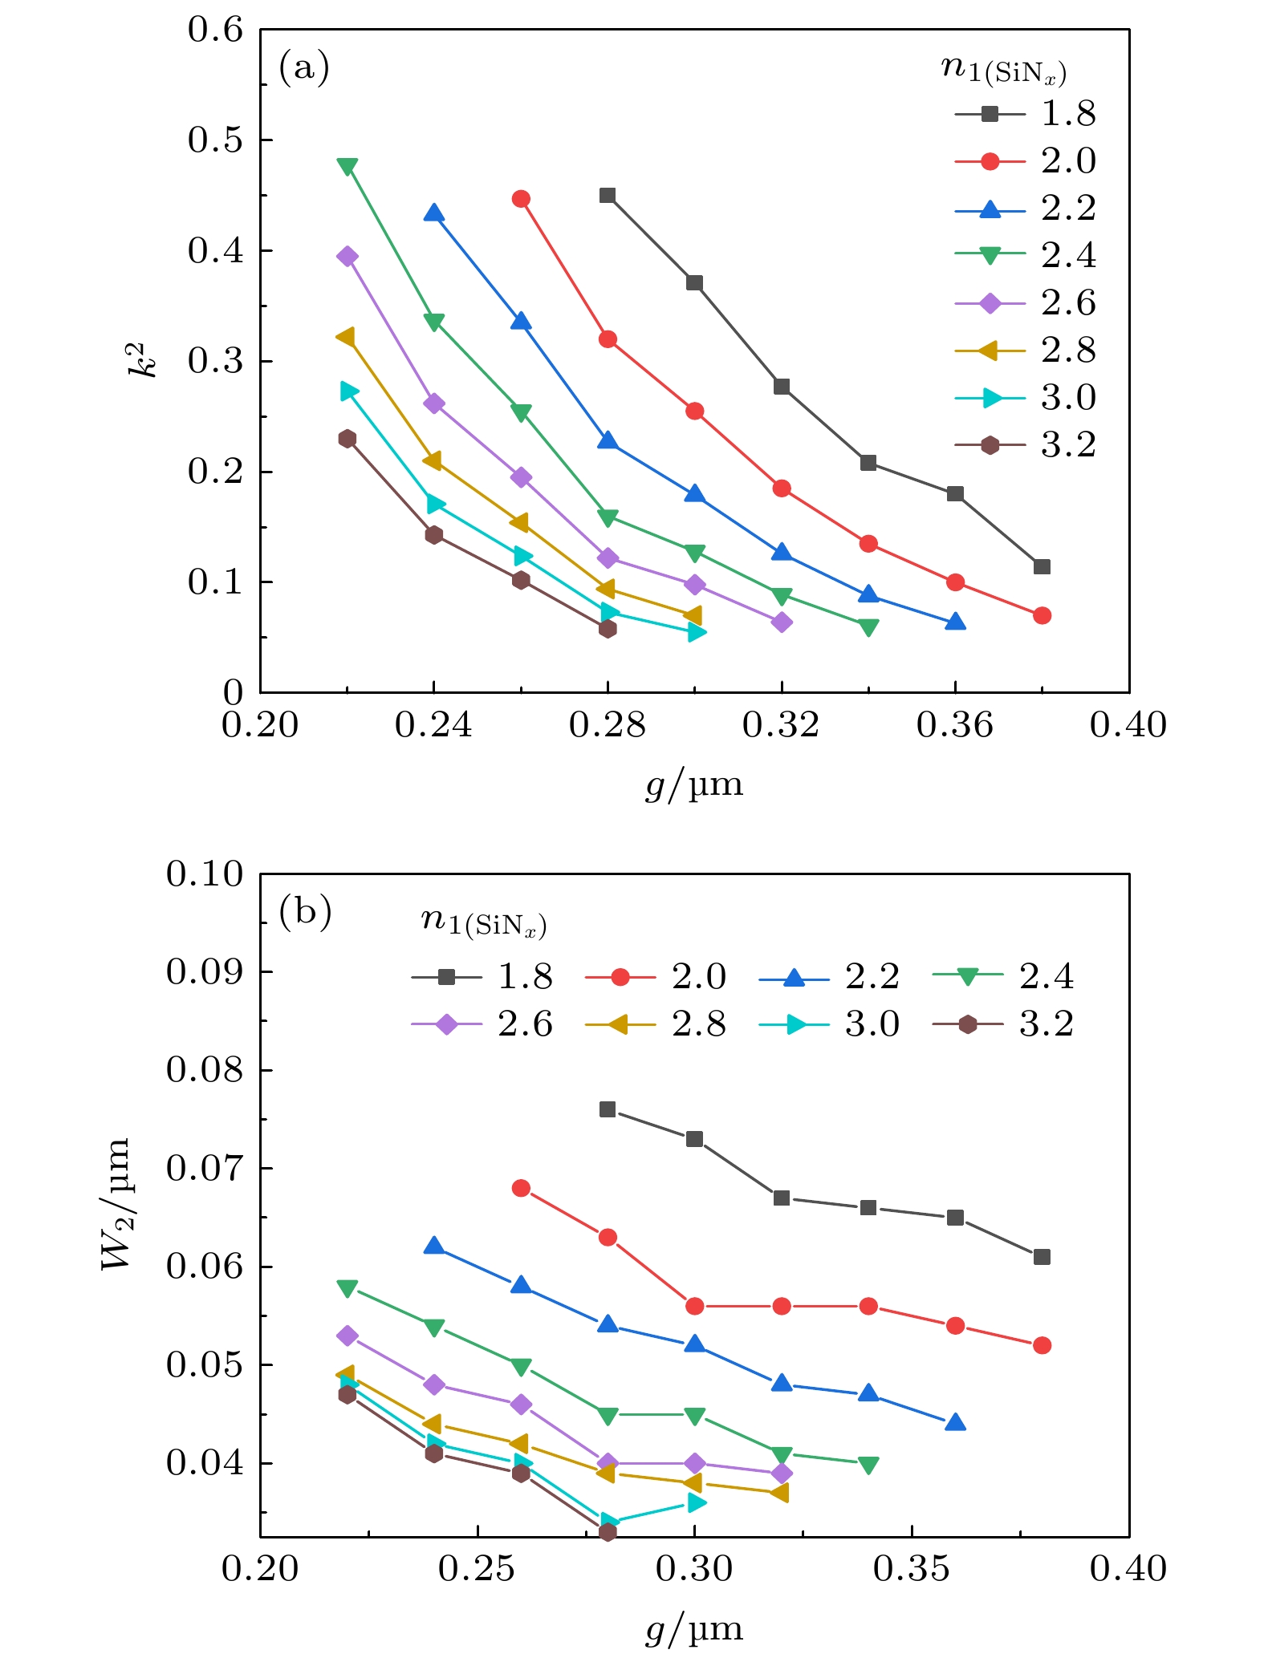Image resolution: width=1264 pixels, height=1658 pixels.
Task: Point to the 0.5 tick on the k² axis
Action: (x=215, y=140)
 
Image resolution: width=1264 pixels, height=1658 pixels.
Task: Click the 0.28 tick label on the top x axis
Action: (x=608, y=725)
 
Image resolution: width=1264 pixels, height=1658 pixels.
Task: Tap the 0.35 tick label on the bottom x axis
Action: (x=912, y=1568)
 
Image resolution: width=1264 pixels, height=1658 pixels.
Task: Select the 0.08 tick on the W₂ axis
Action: (x=204, y=1069)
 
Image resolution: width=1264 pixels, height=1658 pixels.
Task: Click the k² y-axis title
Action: (x=142, y=360)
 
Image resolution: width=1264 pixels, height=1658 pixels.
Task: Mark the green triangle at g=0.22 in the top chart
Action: (x=347, y=167)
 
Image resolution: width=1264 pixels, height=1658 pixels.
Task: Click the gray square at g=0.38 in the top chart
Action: (x=1042, y=567)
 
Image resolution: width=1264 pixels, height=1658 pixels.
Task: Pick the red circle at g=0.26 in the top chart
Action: (x=521, y=199)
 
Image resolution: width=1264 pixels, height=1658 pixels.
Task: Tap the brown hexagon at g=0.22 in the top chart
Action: (x=347, y=439)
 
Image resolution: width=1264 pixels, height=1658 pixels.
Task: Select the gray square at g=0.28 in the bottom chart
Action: (x=608, y=1109)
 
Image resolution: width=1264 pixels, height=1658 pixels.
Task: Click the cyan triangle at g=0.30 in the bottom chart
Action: (x=696, y=1502)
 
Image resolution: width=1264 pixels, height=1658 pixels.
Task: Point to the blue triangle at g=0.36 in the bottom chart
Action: (x=955, y=1423)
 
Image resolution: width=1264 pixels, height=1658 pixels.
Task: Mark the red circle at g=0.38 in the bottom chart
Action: (x=1042, y=1345)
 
